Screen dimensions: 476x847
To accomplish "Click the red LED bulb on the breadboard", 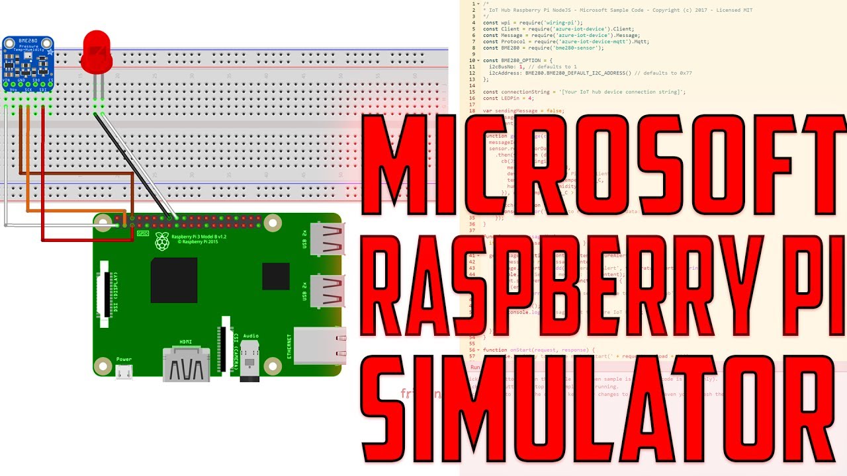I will click(x=97, y=52).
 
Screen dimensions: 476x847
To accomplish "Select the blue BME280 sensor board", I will click(x=28, y=63).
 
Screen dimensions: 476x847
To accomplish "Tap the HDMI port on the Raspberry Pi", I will click(x=186, y=364).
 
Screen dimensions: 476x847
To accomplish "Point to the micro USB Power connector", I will click(x=124, y=372).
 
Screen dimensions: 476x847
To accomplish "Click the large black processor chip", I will click(x=173, y=280).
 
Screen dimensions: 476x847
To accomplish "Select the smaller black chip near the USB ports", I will click(x=275, y=276).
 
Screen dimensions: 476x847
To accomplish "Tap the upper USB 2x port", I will click(x=327, y=239).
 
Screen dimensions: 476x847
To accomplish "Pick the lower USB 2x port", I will click(x=327, y=292).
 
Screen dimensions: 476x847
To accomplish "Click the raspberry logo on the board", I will click(x=161, y=241).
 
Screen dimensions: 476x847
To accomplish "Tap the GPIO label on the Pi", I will click(x=142, y=233).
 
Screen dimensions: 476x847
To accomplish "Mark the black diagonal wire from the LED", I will click(x=132, y=165).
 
